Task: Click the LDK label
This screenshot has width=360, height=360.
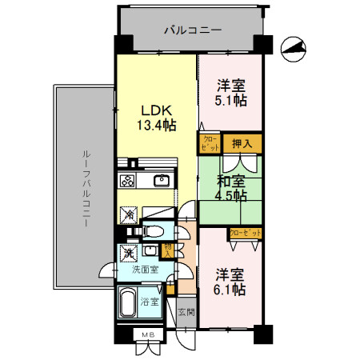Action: (x=155, y=110)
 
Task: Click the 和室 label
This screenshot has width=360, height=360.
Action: (x=230, y=180)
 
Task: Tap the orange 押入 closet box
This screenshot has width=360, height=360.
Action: (x=242, y=144)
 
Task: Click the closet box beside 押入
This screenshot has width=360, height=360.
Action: (x=210, y=144)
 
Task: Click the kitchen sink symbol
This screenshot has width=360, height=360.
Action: (x=160, y=180)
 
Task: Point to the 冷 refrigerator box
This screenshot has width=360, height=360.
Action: (x=127, y=214)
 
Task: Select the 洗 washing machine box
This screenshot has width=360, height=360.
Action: (x=127, y=254)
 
